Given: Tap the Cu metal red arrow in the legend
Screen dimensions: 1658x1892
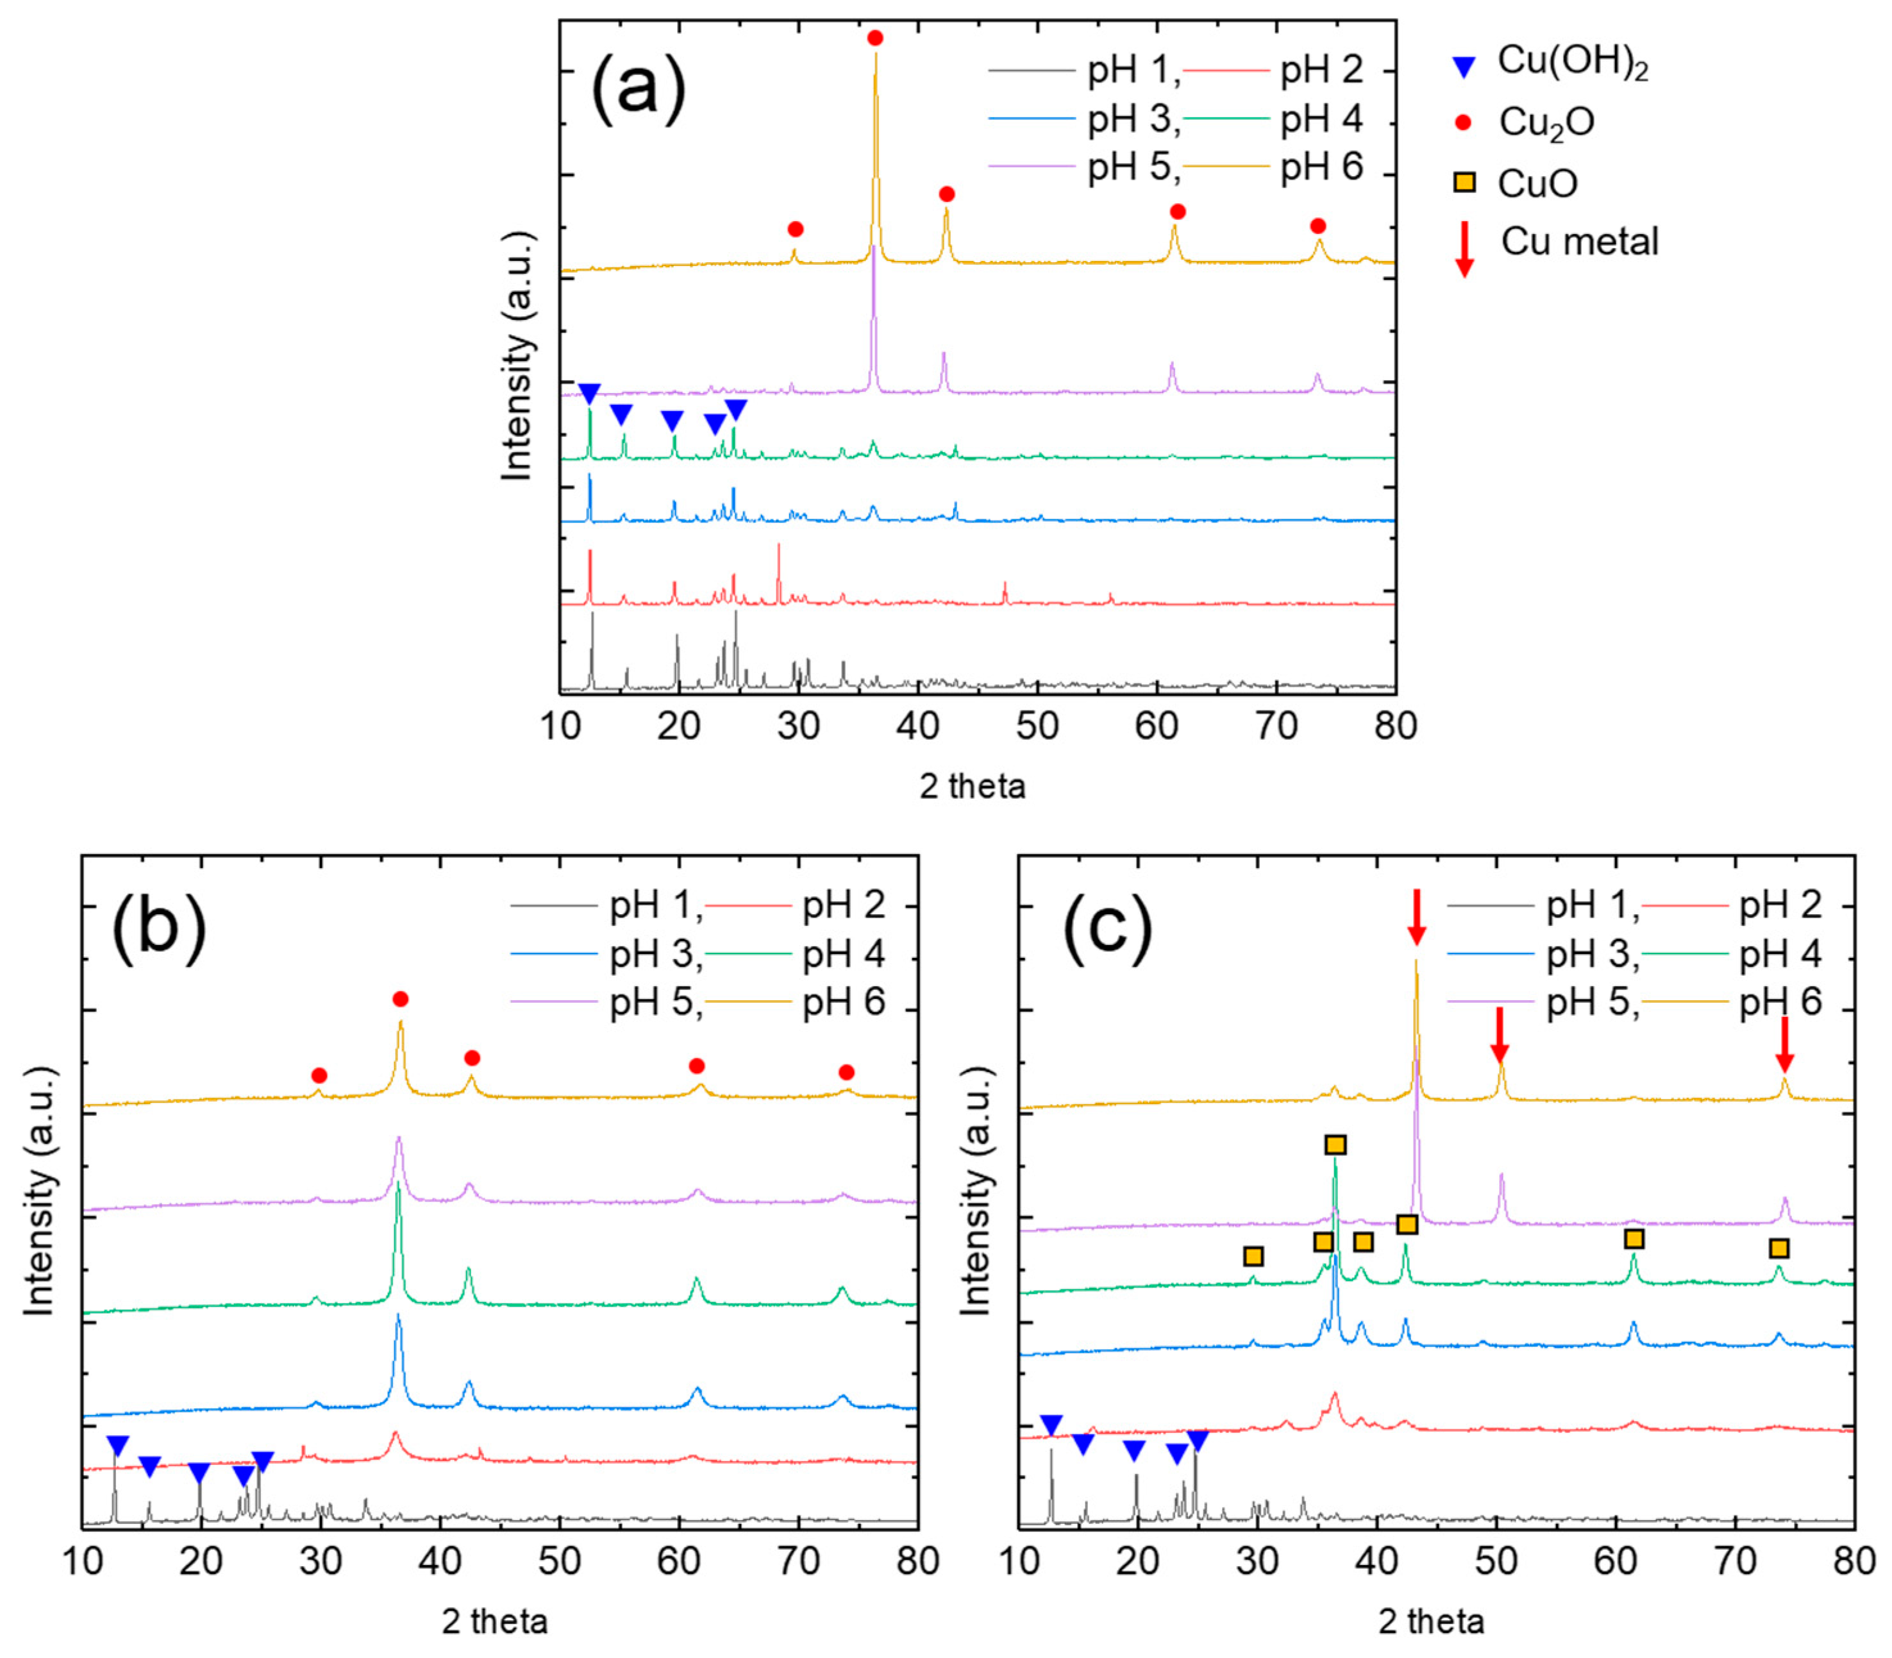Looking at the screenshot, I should point(1464,249).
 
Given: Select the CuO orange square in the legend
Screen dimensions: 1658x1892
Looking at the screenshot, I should point(1464,183).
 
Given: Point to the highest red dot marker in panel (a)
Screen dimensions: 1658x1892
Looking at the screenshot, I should point(875,38).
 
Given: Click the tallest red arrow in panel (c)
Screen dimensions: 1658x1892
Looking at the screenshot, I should point(1416,916).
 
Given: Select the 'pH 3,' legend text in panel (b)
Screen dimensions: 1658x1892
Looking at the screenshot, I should point(655,954).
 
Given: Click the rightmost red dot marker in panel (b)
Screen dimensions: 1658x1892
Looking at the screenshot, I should point(846,1073).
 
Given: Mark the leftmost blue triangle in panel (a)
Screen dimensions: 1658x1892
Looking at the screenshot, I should point(589,393).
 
